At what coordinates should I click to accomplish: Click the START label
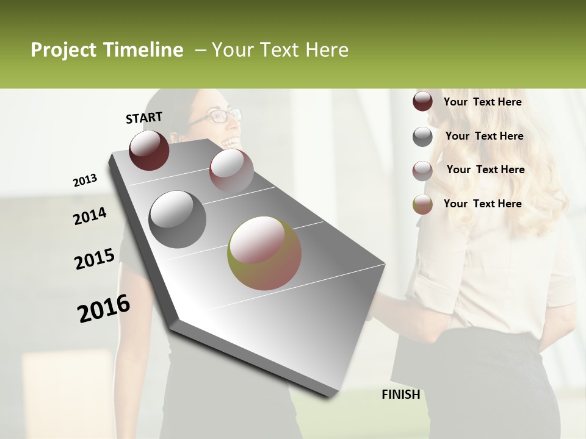(x=144, y=118)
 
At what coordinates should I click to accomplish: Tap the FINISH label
(x=400, y=394)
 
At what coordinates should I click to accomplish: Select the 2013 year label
(x=85, y=180)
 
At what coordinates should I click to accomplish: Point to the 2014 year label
(x=90, y=216)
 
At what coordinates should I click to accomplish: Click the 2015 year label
(x=95, y=259)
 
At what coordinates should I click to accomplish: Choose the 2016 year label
(x=104, y=308)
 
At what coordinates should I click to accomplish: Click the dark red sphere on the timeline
(x=149, y=150)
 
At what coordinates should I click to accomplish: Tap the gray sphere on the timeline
(x=177, y=219)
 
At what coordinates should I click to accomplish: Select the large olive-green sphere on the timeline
(x=264, y=253)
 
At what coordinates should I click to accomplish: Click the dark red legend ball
(x=422, y=102)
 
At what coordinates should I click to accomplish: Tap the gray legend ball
(x=422, y=137)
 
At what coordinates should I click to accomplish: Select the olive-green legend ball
(x=422, y=204)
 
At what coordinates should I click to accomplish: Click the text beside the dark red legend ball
(x=482, y=102)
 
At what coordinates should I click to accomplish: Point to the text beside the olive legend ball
(x=482, y=204)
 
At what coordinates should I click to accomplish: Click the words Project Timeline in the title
(x=107, y=50)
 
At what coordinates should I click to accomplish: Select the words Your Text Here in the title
(x=280, y=50)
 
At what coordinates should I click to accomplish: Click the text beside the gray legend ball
(x=484, y=136)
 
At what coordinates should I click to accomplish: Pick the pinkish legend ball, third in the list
(x=422, y=171)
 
